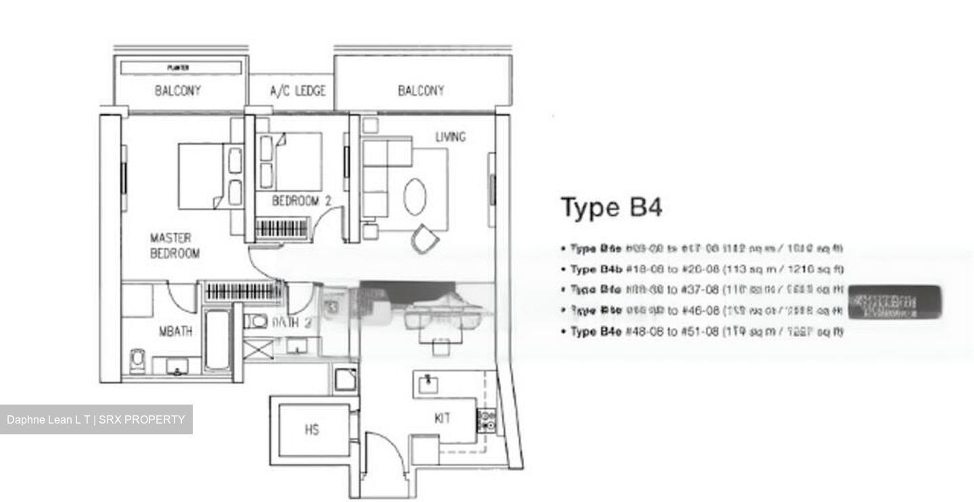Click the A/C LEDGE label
(x=298, y=91)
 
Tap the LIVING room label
(x=450, y=137)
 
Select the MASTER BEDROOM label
(x=175, y=246)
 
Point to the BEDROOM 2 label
(x=301, y=201)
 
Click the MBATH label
(x=175, y=332)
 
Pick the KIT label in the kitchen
(x=442, y=419)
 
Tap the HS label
(x=311, y=430)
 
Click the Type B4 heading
(x=611, y=207)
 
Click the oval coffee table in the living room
(x=415, y=196)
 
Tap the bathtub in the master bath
(x=217, y=340)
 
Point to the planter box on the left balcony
(x=179, y=68)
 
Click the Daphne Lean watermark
(x=96, y=419)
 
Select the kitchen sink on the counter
(x=427, y=384)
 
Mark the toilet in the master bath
(x=137, y=361)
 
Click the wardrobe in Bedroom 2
(x=283, y=228)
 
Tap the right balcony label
(x=421, y=91)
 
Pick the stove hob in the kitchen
(x=486, y=420)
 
